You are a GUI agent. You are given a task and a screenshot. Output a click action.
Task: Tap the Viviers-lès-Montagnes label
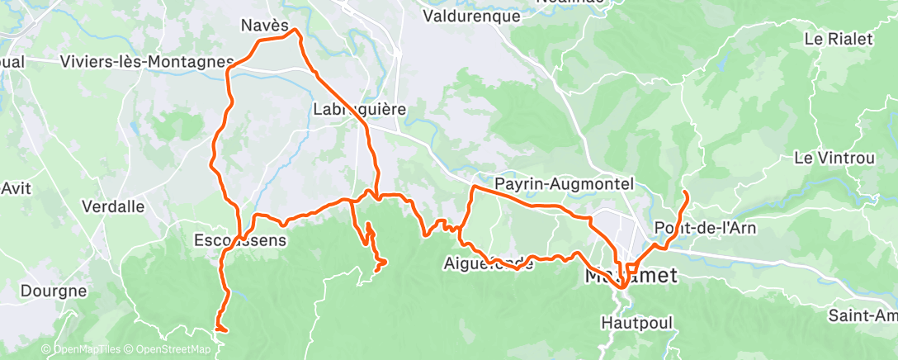(x=147, y=62)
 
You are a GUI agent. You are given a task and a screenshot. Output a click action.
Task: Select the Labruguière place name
(x=359, y=109)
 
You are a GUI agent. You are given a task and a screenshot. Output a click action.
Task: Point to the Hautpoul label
(x=631, y=320)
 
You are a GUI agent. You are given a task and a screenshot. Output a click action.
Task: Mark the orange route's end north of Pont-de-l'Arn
(x=686, y=192)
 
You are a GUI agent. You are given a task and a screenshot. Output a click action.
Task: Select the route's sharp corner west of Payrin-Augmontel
(x=472, y=187)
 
